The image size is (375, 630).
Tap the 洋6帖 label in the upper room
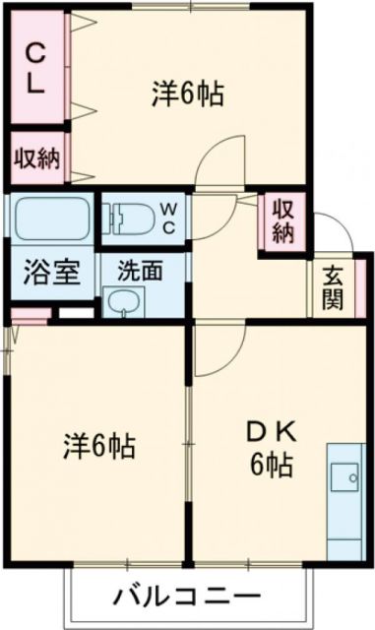188,94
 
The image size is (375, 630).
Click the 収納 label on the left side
36,157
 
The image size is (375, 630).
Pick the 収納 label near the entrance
282,222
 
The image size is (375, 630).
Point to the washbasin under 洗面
126,302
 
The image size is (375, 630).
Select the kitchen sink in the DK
345,476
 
